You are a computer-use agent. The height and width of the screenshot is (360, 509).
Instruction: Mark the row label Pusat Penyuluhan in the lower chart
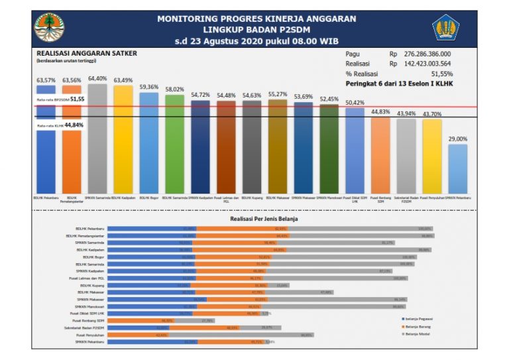click(89, 335)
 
